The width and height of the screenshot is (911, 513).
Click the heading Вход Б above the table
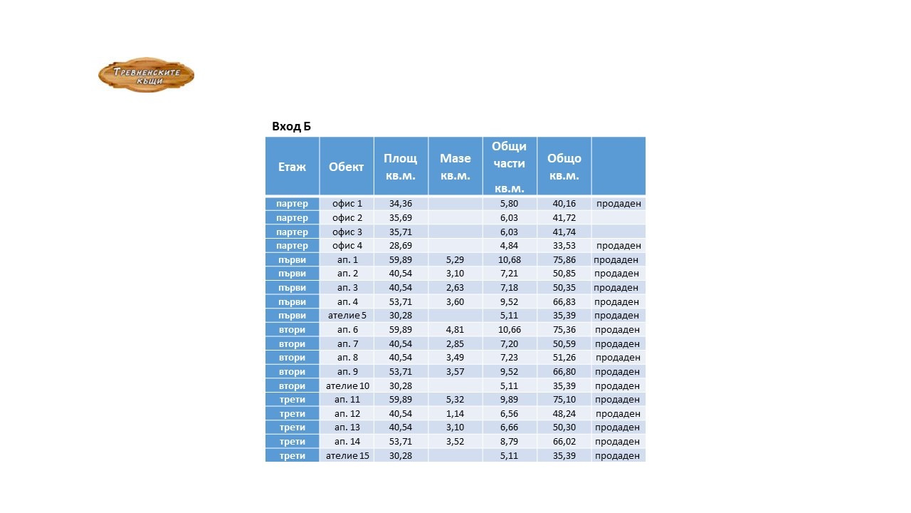pos(291,127)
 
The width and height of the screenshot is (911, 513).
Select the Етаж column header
pos(293,167)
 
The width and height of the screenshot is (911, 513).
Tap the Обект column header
pos(347,167)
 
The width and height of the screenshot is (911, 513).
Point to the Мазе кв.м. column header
pos(455,167)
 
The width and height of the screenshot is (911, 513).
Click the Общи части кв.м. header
pos(509,167)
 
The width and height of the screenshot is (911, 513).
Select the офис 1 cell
pos(347,204)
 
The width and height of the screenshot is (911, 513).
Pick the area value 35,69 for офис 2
pos(401,218)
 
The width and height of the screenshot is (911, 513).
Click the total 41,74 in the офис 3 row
pos(564,232)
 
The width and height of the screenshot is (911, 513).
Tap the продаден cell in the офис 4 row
pos(618,246)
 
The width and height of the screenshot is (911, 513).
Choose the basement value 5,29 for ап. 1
pos(455,260)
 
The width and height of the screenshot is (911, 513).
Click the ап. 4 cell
pos(347,302)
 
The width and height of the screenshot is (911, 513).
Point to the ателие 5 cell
pos(347,316)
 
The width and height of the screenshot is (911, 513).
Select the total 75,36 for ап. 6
pos(564,330)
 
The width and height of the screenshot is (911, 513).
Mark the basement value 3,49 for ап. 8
pos(455,358)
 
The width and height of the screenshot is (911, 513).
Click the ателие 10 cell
pos(347,386)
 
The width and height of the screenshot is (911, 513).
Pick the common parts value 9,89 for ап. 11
pos(509,400)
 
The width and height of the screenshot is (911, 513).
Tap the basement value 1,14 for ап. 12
pos(455,414)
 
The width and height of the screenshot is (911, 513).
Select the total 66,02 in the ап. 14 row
pos(564,442)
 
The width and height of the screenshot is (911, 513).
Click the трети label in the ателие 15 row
pos(293,456)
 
